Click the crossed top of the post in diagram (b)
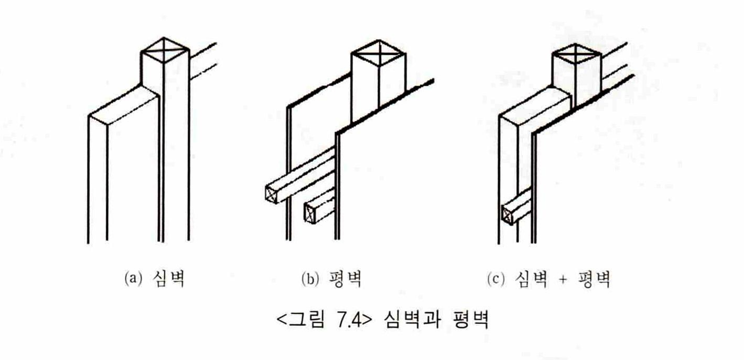(x=379, y=53)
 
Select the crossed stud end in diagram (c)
(x=507, y=214)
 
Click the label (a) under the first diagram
(x=133, y=278)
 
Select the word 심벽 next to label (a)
(x=168, y=278)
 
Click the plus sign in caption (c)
(x=562, y=279)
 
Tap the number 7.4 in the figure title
(x=349, y=320)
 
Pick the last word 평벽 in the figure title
(x=470, y=320)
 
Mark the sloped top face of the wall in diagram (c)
(x=535, y=107)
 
